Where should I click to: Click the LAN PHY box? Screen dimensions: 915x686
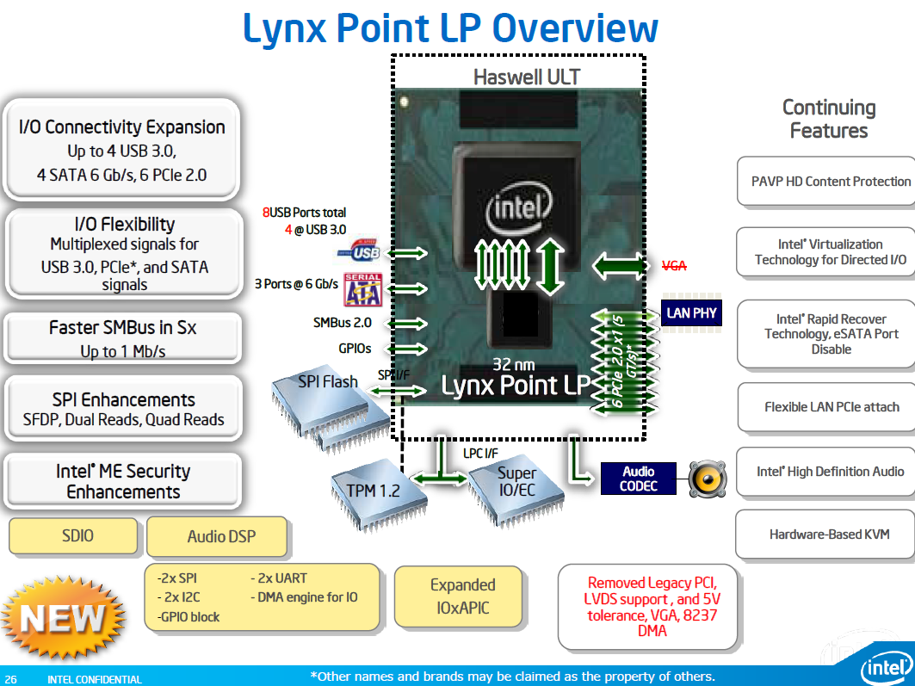tap(691, 313)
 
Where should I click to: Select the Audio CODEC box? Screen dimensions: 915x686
tap(639, 479)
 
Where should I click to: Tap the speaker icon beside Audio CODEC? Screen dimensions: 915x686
tap(708, 479)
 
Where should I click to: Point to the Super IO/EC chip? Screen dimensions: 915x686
tap(516, 489)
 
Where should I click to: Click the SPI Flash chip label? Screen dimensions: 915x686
tap(327, 382)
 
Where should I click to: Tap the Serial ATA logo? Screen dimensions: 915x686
tap(362, 289)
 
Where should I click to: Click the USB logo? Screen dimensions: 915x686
tap(359, 250)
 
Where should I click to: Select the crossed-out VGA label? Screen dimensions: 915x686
tap(674, 266)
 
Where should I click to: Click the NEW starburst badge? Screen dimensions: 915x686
tap(63, 618)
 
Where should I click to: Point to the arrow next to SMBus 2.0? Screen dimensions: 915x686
tap(408, 324)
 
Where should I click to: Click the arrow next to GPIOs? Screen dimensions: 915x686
tap(408, 349)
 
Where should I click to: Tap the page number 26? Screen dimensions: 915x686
tap(11, 680)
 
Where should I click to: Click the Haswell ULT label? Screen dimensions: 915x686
tap(526, 77)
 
